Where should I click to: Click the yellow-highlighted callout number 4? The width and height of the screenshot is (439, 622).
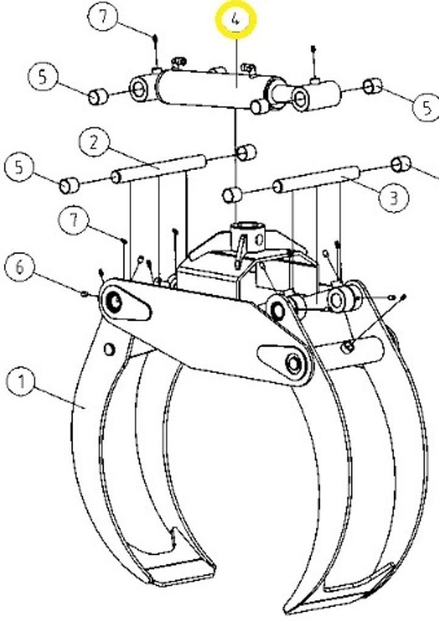(236, 19)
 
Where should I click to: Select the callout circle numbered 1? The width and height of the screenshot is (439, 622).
(21, 381)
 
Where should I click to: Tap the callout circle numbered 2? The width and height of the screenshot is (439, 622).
(94, 142)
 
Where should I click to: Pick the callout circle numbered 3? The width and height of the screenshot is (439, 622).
(393, 197)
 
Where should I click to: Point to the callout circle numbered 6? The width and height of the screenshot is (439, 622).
(20, 267)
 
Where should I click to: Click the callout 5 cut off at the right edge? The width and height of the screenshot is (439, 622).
(427, 106)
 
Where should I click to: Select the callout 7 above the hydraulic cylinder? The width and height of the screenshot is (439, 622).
(103, 16)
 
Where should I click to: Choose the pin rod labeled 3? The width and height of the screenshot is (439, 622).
(317, 179)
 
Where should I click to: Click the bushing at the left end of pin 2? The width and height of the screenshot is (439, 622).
(69, 185)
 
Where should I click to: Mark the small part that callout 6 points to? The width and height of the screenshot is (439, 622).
(84, 294)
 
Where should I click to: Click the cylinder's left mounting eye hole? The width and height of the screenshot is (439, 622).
(139, 89)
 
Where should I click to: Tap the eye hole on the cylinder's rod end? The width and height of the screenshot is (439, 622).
(300, 97)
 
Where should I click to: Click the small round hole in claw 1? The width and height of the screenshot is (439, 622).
(109, 349)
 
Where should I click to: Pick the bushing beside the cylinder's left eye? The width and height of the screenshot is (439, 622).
(99, 97)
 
